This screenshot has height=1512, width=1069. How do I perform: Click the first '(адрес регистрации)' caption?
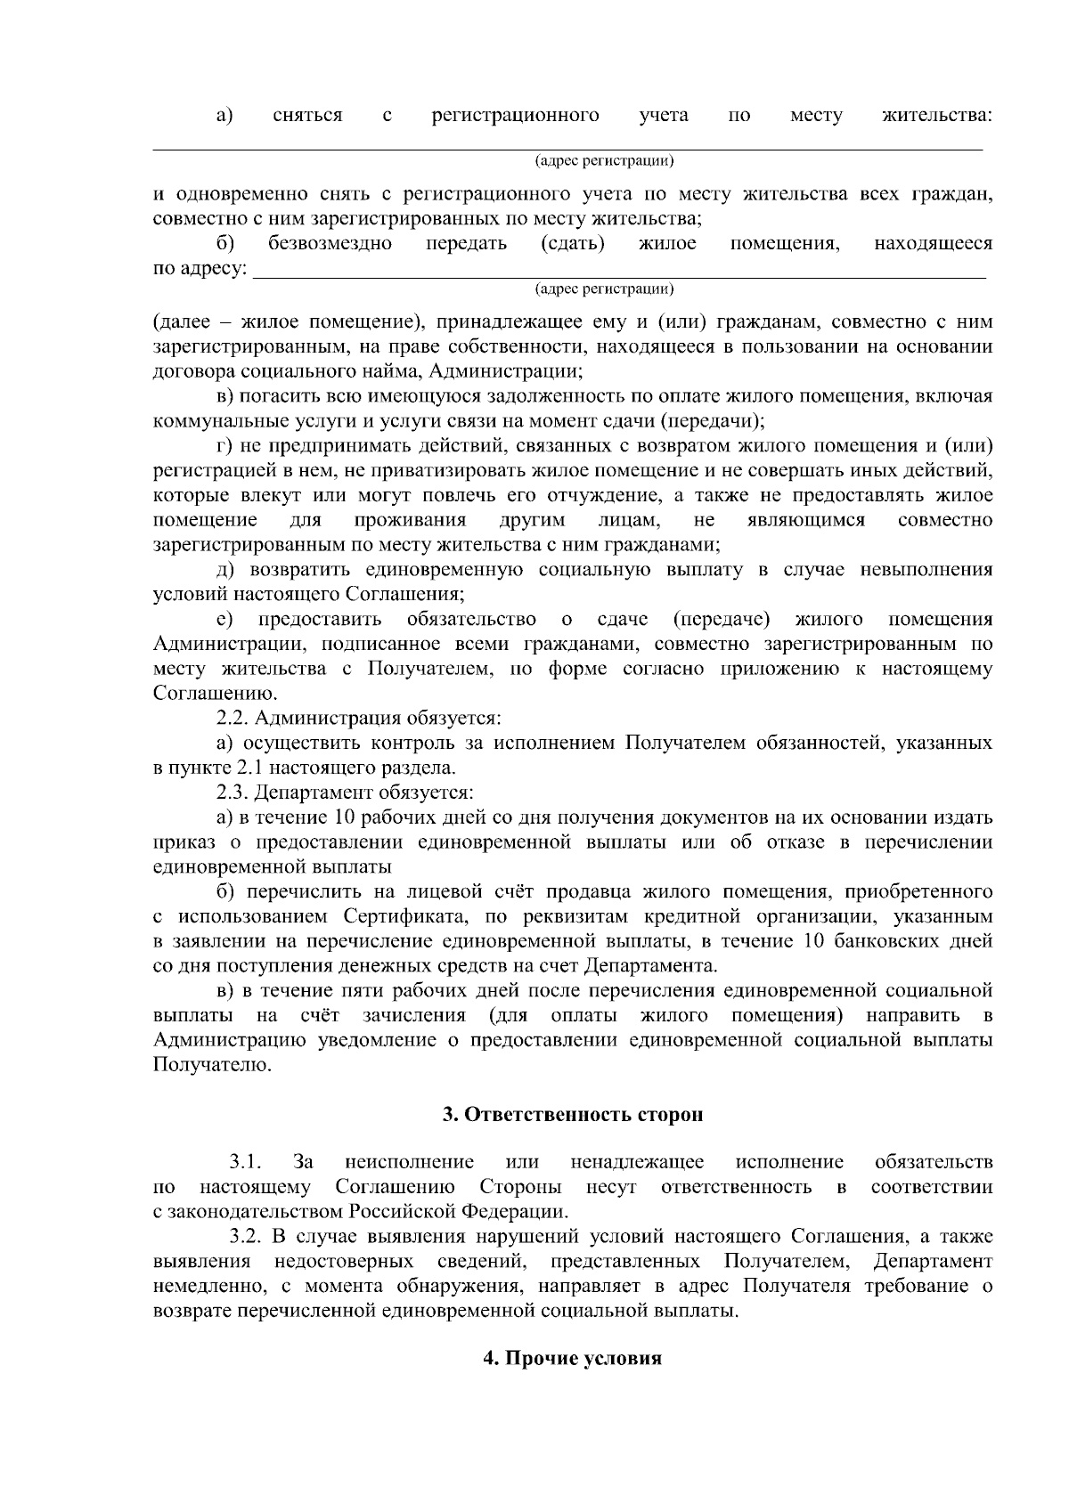click(603, 161)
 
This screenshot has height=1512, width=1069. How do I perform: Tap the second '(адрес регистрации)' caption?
click(603, 289)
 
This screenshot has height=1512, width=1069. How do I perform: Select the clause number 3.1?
click(245, 1162)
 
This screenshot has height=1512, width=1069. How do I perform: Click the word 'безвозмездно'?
click(330, 244)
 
